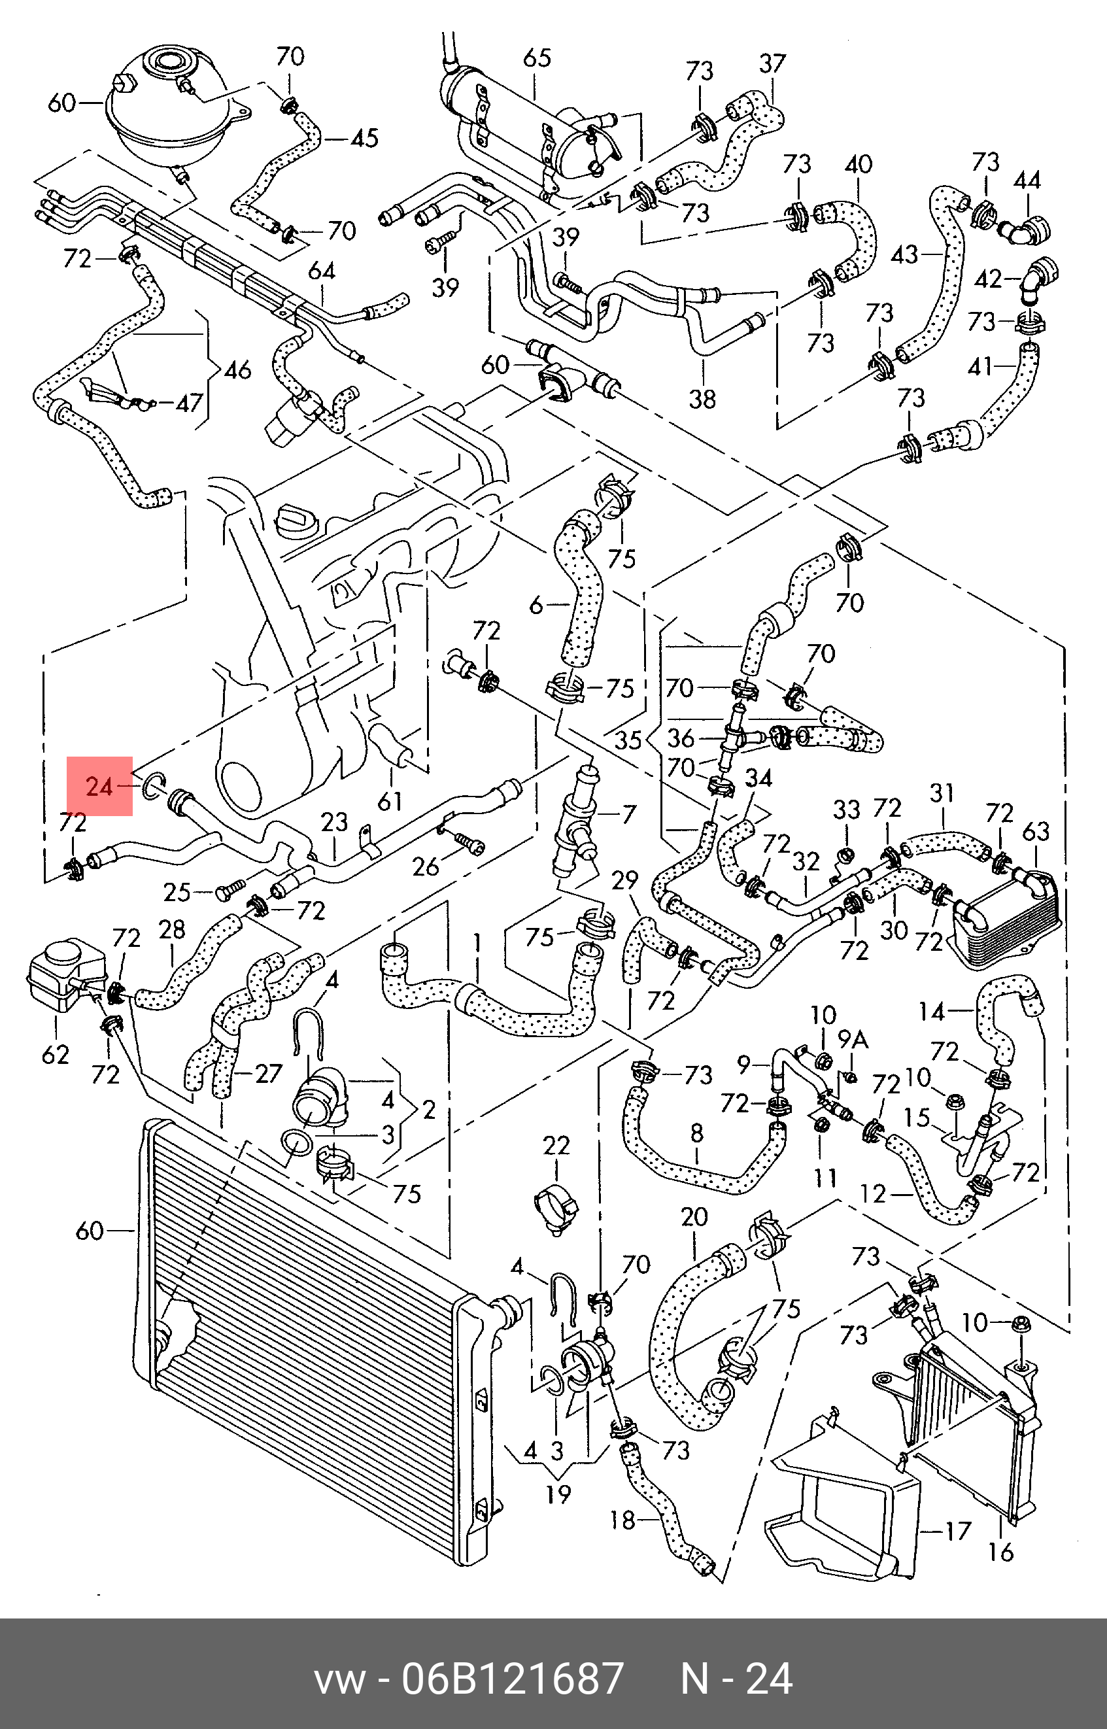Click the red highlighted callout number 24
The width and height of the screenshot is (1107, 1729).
(99, 787)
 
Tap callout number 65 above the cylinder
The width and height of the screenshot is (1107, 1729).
(537, 58)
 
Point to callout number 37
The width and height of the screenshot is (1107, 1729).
(773, 64)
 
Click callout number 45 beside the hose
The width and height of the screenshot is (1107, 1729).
(364, 137)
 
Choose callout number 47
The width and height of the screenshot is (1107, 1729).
(190, 403)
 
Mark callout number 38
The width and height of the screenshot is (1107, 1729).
(702, 398)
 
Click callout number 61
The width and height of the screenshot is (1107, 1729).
(390, 801)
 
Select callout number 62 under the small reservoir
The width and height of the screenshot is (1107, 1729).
(56, 1055)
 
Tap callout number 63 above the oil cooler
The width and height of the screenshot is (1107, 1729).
(1036, 831)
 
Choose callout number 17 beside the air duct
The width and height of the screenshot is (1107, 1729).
(958, 1531)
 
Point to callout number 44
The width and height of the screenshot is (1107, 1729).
(1027, 180)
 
